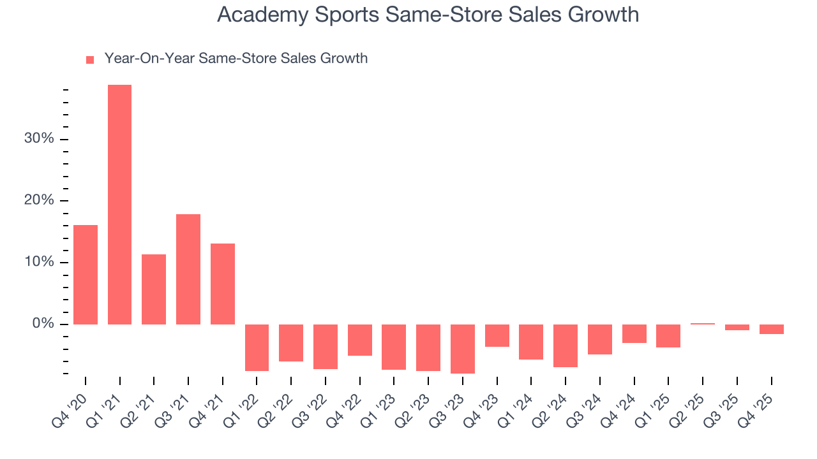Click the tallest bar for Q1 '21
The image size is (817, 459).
119,204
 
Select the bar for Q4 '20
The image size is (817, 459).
86,274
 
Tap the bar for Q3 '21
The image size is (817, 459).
188,269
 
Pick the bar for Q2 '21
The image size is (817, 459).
154,289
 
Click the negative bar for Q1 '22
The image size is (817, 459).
257,347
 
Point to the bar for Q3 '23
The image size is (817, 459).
462,349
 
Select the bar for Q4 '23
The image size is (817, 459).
497,335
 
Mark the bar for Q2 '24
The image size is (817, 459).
565,346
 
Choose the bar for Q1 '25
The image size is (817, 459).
668,336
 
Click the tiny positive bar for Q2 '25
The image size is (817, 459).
702,323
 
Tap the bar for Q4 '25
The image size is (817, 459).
771,329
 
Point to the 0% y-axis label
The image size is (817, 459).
43,324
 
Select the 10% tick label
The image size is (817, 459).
40,262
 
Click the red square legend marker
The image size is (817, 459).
90,59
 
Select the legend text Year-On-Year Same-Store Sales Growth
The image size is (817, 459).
236,59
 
